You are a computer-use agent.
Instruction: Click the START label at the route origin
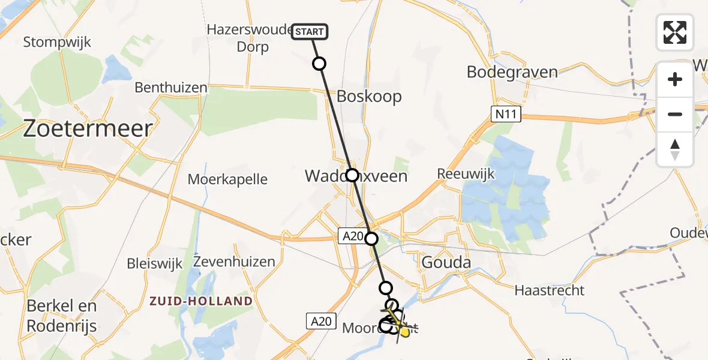310,32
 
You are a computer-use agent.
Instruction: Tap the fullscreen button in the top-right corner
675,32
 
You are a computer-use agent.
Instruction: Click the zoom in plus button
675,80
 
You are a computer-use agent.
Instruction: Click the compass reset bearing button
675,149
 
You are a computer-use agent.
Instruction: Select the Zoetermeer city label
88,128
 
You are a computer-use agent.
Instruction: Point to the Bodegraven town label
512,72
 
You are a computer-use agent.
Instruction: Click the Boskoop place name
369,96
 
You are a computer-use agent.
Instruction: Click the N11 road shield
505,115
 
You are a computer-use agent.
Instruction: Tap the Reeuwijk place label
466,174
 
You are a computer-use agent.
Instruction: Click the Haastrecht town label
549,290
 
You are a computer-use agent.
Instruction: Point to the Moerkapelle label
227,179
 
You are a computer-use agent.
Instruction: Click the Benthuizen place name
170,88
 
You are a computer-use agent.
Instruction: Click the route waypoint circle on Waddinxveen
352,175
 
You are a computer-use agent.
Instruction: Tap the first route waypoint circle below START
319,64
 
